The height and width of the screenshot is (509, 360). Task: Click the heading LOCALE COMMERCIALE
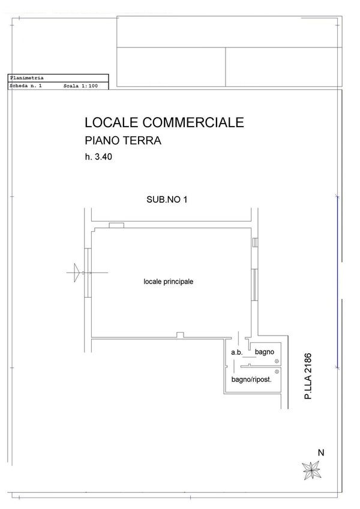(x=164, y=122)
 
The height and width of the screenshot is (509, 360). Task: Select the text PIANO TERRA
(x=123, y=140)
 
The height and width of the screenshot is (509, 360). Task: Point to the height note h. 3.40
(x=98, y=157)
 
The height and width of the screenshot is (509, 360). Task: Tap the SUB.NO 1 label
(x=167, y=199)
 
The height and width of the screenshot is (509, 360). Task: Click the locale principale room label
(x=168, y=282)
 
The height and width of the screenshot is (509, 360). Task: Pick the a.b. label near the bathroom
(x=236, y=352)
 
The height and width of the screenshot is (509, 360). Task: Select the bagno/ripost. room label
(x=251, y=379)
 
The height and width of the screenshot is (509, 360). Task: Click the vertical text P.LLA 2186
(x=308, y=376)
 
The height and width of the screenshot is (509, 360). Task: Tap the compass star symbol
(x=311, y=471)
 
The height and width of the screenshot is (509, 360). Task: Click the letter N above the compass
(x=321, y=453)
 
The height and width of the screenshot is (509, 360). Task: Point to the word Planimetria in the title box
(x=26, y=78)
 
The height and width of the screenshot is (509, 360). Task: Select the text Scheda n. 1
(x=26, y=86)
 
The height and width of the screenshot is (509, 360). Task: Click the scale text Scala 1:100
(x=80, y=86)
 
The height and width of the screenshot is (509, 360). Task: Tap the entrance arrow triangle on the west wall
(x=77, y=273)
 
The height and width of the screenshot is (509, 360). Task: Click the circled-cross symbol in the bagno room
(x=277, y=361)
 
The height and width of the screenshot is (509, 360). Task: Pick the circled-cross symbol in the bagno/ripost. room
(x=277, y=372)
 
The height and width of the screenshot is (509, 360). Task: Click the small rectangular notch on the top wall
(x=116, y=225)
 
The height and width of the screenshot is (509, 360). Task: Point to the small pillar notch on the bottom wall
(x=180, y=335)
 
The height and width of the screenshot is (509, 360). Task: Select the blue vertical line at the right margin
(x=337, y=282)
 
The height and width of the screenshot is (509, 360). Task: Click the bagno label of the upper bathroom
(x=265, y=352)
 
